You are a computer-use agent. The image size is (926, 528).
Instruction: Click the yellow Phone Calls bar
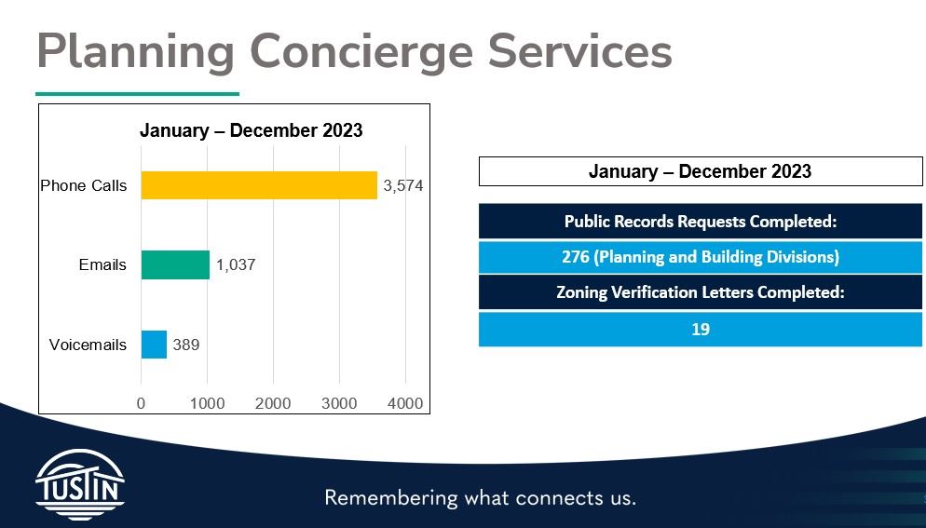tap(259, 185)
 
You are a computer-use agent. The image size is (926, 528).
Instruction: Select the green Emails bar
tap(175, 265)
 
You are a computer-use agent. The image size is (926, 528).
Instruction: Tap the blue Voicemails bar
tap(154, 345)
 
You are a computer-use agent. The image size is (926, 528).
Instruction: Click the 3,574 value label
tap(403, 186)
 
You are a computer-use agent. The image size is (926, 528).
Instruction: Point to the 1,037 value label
tap(236, 265)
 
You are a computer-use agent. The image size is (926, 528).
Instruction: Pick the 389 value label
tap(186, 345)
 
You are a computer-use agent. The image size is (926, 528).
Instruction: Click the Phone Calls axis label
tap(83, 186)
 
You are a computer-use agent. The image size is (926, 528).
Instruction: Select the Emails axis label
tap(102, 265)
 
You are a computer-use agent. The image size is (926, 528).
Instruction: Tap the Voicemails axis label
tap(88, 345)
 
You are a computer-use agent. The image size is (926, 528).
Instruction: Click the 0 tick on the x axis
tap(142, 403)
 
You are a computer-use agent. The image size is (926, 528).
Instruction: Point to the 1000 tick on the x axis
tap(207, 403)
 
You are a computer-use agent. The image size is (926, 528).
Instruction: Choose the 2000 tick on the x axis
tap(273, 403)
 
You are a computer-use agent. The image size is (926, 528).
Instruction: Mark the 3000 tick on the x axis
tap(339, 403)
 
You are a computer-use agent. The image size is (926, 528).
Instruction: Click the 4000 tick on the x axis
tap(405, 403)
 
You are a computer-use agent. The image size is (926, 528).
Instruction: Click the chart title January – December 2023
tap(251, 130)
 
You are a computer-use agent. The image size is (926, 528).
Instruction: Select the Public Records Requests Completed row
tap(701, 222)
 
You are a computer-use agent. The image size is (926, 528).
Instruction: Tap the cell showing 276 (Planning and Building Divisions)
tap(701, 257)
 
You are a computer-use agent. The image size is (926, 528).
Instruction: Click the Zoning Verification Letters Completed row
tap(701, 292)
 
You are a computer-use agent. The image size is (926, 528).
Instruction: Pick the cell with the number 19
tap(701, 329)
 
